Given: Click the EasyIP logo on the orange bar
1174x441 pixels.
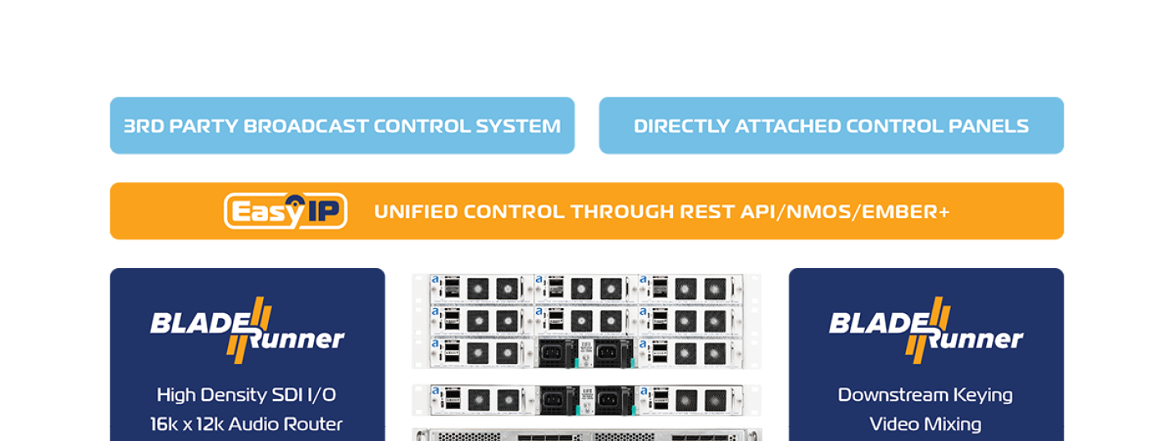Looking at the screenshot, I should click(285, 211).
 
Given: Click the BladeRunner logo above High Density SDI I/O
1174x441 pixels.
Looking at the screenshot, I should click(247, 327).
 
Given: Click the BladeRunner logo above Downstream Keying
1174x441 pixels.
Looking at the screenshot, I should click(926, 327).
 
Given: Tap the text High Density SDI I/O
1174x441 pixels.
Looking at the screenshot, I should click(247, 395).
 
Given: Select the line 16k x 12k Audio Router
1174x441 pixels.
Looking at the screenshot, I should click(247, 425).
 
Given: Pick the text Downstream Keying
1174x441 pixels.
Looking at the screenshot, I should click(926, 395).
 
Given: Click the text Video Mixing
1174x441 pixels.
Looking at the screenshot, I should click(926, 425).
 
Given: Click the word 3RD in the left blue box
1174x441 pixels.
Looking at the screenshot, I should click(141, 126).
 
